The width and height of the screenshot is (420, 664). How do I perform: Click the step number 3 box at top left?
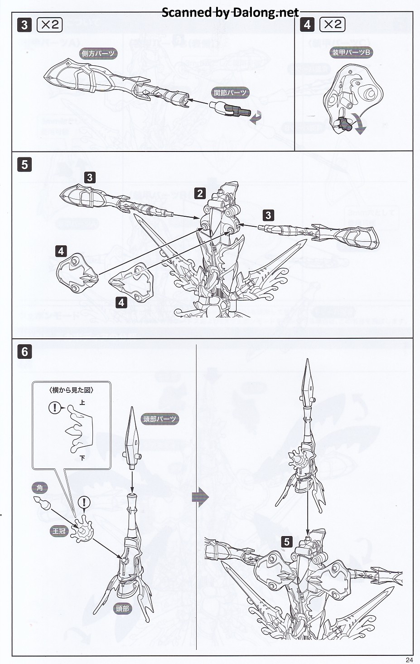click(x=24, y=24)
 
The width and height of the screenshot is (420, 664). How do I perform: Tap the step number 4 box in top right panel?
click(x=307, y=24)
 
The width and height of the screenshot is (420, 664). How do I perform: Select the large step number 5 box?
click(x=24, y=164)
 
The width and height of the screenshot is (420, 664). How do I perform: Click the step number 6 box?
click(x=24, y=352)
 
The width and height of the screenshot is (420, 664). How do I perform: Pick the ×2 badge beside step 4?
click(x=332, y=24)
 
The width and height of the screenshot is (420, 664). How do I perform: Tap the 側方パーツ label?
click(x=98, y=54)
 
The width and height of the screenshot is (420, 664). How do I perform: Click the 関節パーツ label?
click(x=230, y=93)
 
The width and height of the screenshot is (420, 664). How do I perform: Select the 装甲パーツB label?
click(x=351, y=53)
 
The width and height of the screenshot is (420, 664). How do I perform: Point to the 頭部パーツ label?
click(x=159, y=419)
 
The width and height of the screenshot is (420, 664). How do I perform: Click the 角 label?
click(x=40, y=488)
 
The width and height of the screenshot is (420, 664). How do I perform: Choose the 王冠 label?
click(x=59, y=531)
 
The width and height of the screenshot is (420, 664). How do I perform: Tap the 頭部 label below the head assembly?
click(x=122, y=609)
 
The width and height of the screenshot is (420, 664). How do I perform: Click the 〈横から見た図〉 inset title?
click(x=72, y=390)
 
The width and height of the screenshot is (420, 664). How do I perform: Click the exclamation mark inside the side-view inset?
click(x=55, y=408)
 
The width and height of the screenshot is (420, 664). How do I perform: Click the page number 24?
click(x=409, y=660)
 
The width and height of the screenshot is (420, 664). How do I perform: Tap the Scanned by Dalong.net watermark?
click(x=230, y=12)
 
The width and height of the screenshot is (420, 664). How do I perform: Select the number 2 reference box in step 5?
click(x=200, y=194)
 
